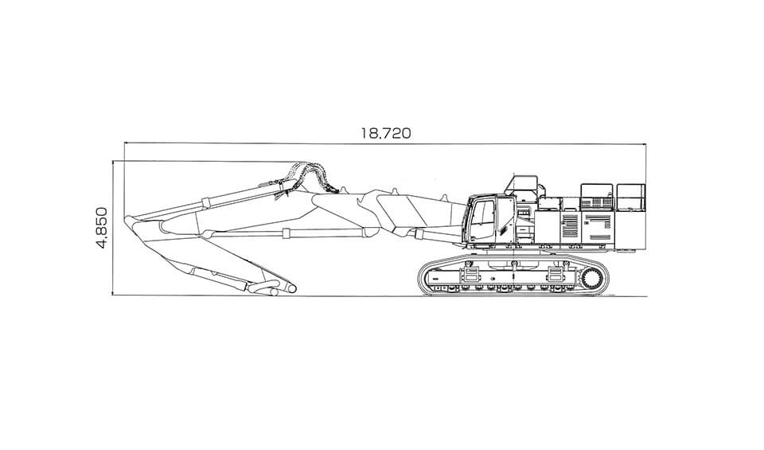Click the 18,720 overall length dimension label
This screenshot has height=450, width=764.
coord(385,133)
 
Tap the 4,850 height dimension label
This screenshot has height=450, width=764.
coord(102,228)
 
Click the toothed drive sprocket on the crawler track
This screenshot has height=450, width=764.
coord(591,280)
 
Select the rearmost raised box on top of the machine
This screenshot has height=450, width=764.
coord(630,197)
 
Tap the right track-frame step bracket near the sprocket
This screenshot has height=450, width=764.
coord(556,273)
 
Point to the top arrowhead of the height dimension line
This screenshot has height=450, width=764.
coord(113,162)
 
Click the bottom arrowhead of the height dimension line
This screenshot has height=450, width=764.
coord(113,294)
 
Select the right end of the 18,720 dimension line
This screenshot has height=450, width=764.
coord(646,144)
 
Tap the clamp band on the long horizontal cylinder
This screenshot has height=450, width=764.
coord(287,233)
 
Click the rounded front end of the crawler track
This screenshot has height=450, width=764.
coord(422,277)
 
